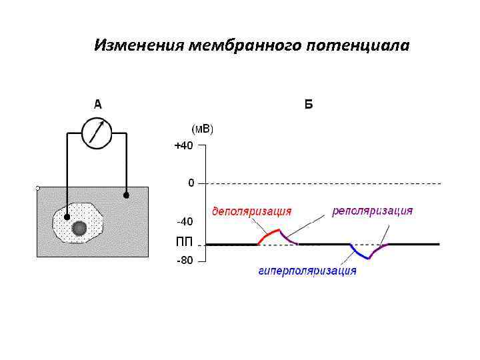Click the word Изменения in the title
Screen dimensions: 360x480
[139, 45]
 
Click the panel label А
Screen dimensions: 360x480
[97, 104]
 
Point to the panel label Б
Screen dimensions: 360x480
[308, 105]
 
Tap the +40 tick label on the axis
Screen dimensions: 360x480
[183, 146]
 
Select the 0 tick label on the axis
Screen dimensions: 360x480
[191, 182]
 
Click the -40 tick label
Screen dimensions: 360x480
[185, 221]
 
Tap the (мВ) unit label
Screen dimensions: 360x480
[203, 128]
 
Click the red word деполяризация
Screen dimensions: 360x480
[251, 211]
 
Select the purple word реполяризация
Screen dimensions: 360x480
[373, 211]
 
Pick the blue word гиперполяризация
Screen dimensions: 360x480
[307, 271]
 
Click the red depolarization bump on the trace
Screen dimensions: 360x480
[269, 234]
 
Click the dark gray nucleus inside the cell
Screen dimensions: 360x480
[79, 229]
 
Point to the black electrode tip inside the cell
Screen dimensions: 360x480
[66, 217]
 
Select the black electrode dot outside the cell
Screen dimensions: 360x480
[126, 195]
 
